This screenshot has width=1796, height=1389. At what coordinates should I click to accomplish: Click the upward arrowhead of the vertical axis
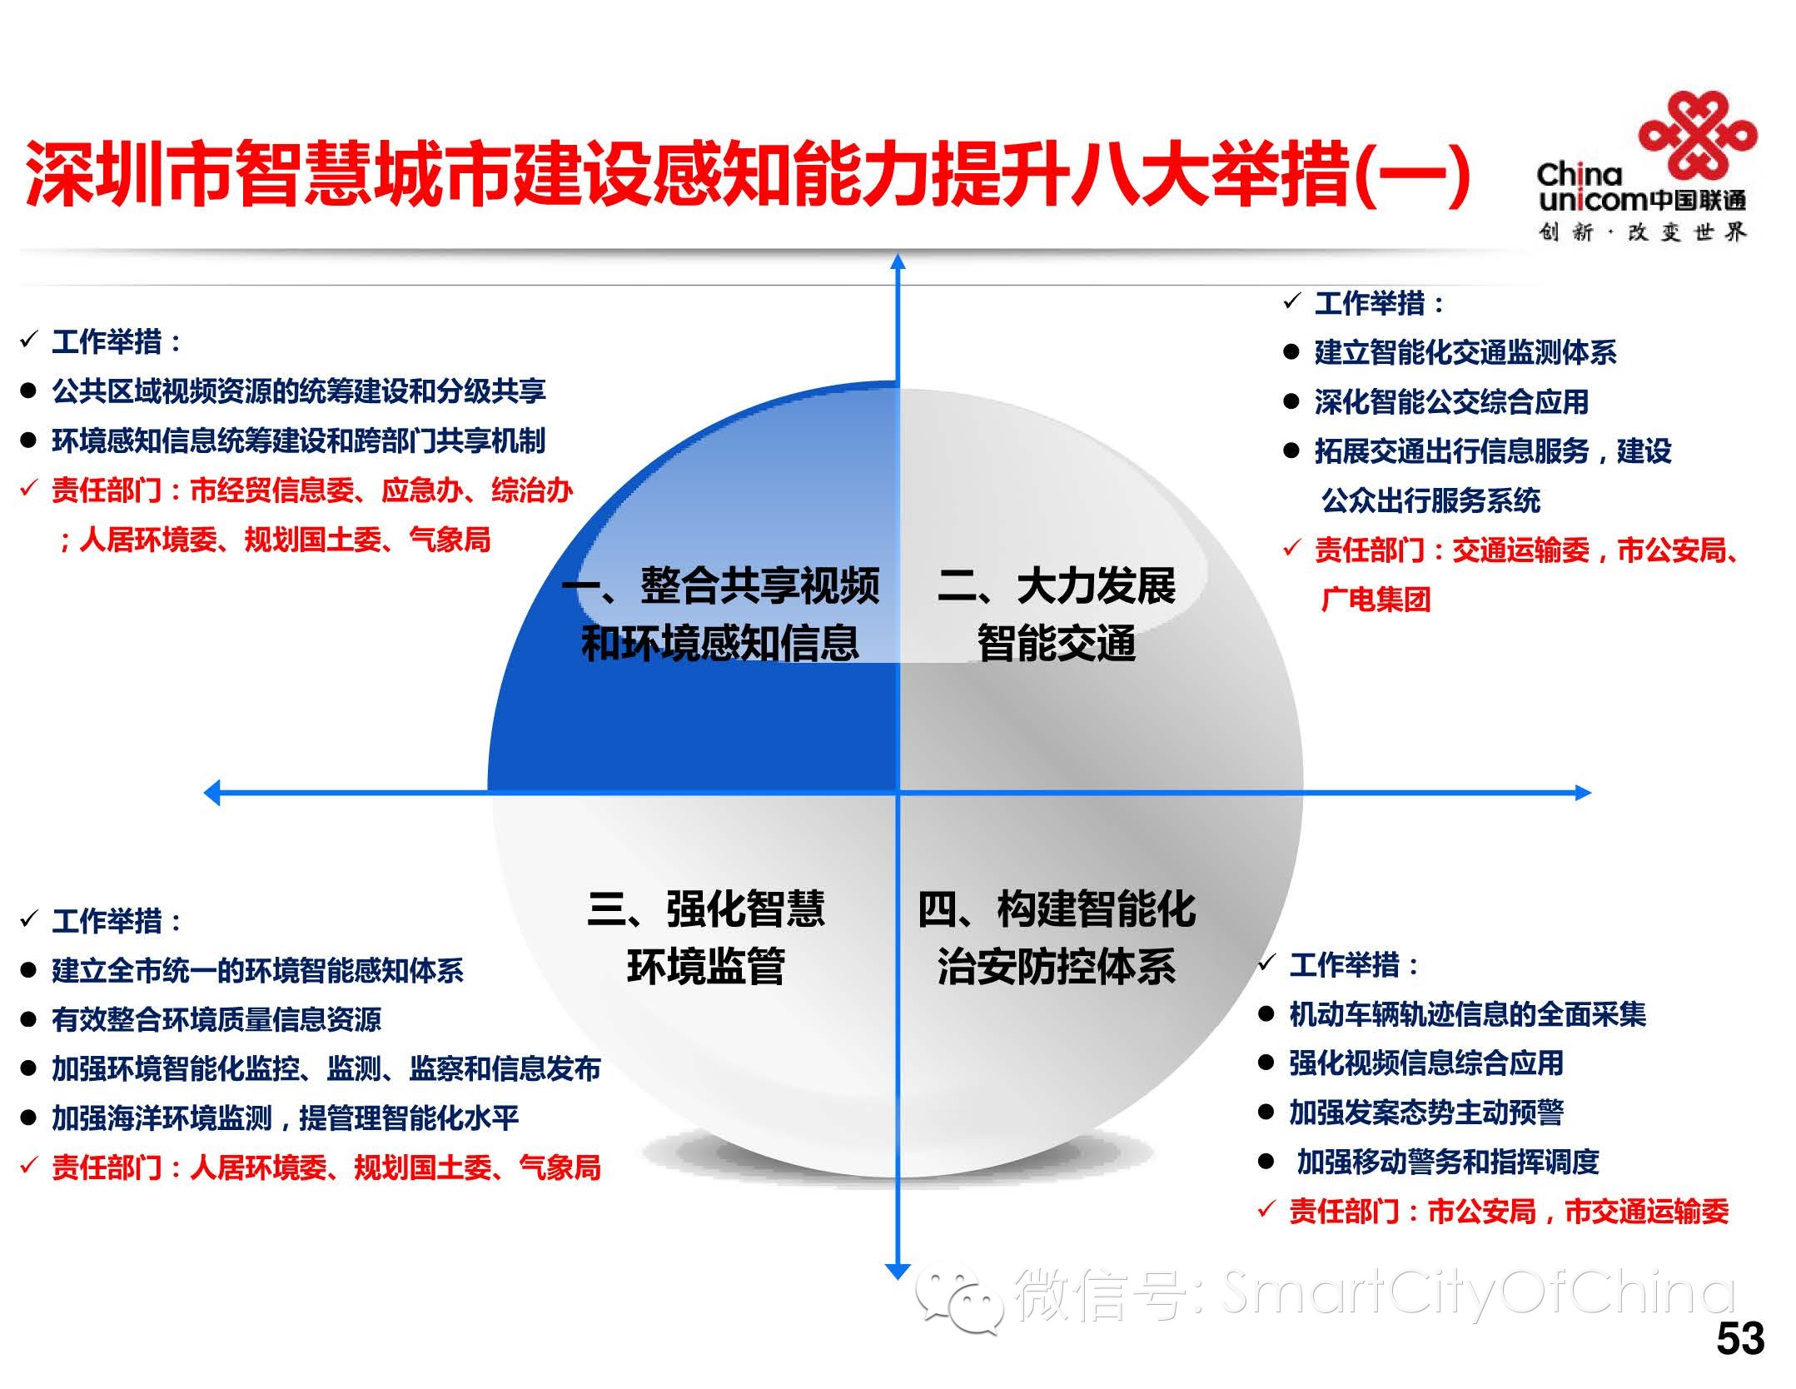tap(898, 261)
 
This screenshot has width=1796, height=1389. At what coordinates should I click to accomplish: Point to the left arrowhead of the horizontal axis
tap(213, 792)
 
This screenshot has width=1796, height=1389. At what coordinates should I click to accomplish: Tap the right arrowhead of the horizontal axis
tap(1582, 793)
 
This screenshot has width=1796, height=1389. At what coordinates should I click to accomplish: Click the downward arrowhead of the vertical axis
tap(897, 1271)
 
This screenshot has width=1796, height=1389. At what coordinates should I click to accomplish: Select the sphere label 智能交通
tap(1056, 644)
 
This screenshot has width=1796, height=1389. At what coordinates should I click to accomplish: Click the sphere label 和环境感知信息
tap(719, 644)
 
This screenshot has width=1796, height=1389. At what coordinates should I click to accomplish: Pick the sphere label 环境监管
tap(705, 967)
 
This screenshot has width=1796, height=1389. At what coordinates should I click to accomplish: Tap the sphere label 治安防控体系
tap(1056, 967)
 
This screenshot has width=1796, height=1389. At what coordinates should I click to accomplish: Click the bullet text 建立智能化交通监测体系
tap(1465, 352)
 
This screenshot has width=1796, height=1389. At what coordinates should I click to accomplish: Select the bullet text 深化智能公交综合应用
tap(1450, 402)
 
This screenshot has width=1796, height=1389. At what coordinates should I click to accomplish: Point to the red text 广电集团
tap(1376, 600)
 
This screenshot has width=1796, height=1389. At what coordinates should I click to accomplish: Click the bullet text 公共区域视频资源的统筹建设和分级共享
tap(298, 391)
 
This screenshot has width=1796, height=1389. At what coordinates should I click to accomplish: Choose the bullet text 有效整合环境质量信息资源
tap(216, 1019)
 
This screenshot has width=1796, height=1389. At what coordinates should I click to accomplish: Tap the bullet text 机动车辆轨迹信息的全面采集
tap(1467, 1014)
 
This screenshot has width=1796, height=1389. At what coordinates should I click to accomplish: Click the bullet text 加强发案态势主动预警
tap(1425, 1113)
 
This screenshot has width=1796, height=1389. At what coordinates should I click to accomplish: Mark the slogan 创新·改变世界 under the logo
tap(1641, 232)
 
